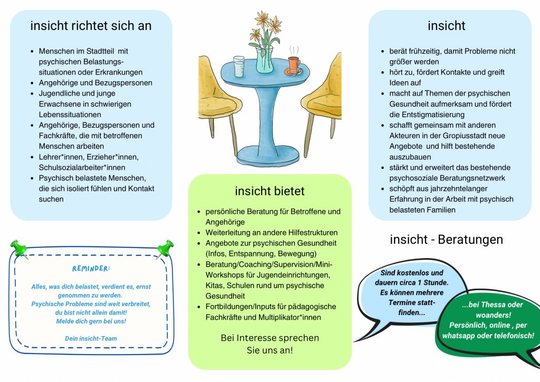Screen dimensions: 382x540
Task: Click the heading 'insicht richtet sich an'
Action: click(x=91, y=25)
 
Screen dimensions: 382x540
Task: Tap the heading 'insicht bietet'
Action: click(x=269, y=190)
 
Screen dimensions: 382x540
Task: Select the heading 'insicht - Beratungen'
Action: click(x=446, y=240)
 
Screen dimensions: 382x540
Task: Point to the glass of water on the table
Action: click(x=238, y=66)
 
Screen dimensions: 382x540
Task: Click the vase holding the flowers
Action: click(x=265, y=59)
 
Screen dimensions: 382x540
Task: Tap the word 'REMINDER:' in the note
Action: click(x=91, y=269)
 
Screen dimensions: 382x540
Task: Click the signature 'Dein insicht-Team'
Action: click(x=91, y=338)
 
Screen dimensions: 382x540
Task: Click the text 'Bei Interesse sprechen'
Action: click(x=269, y=338)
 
